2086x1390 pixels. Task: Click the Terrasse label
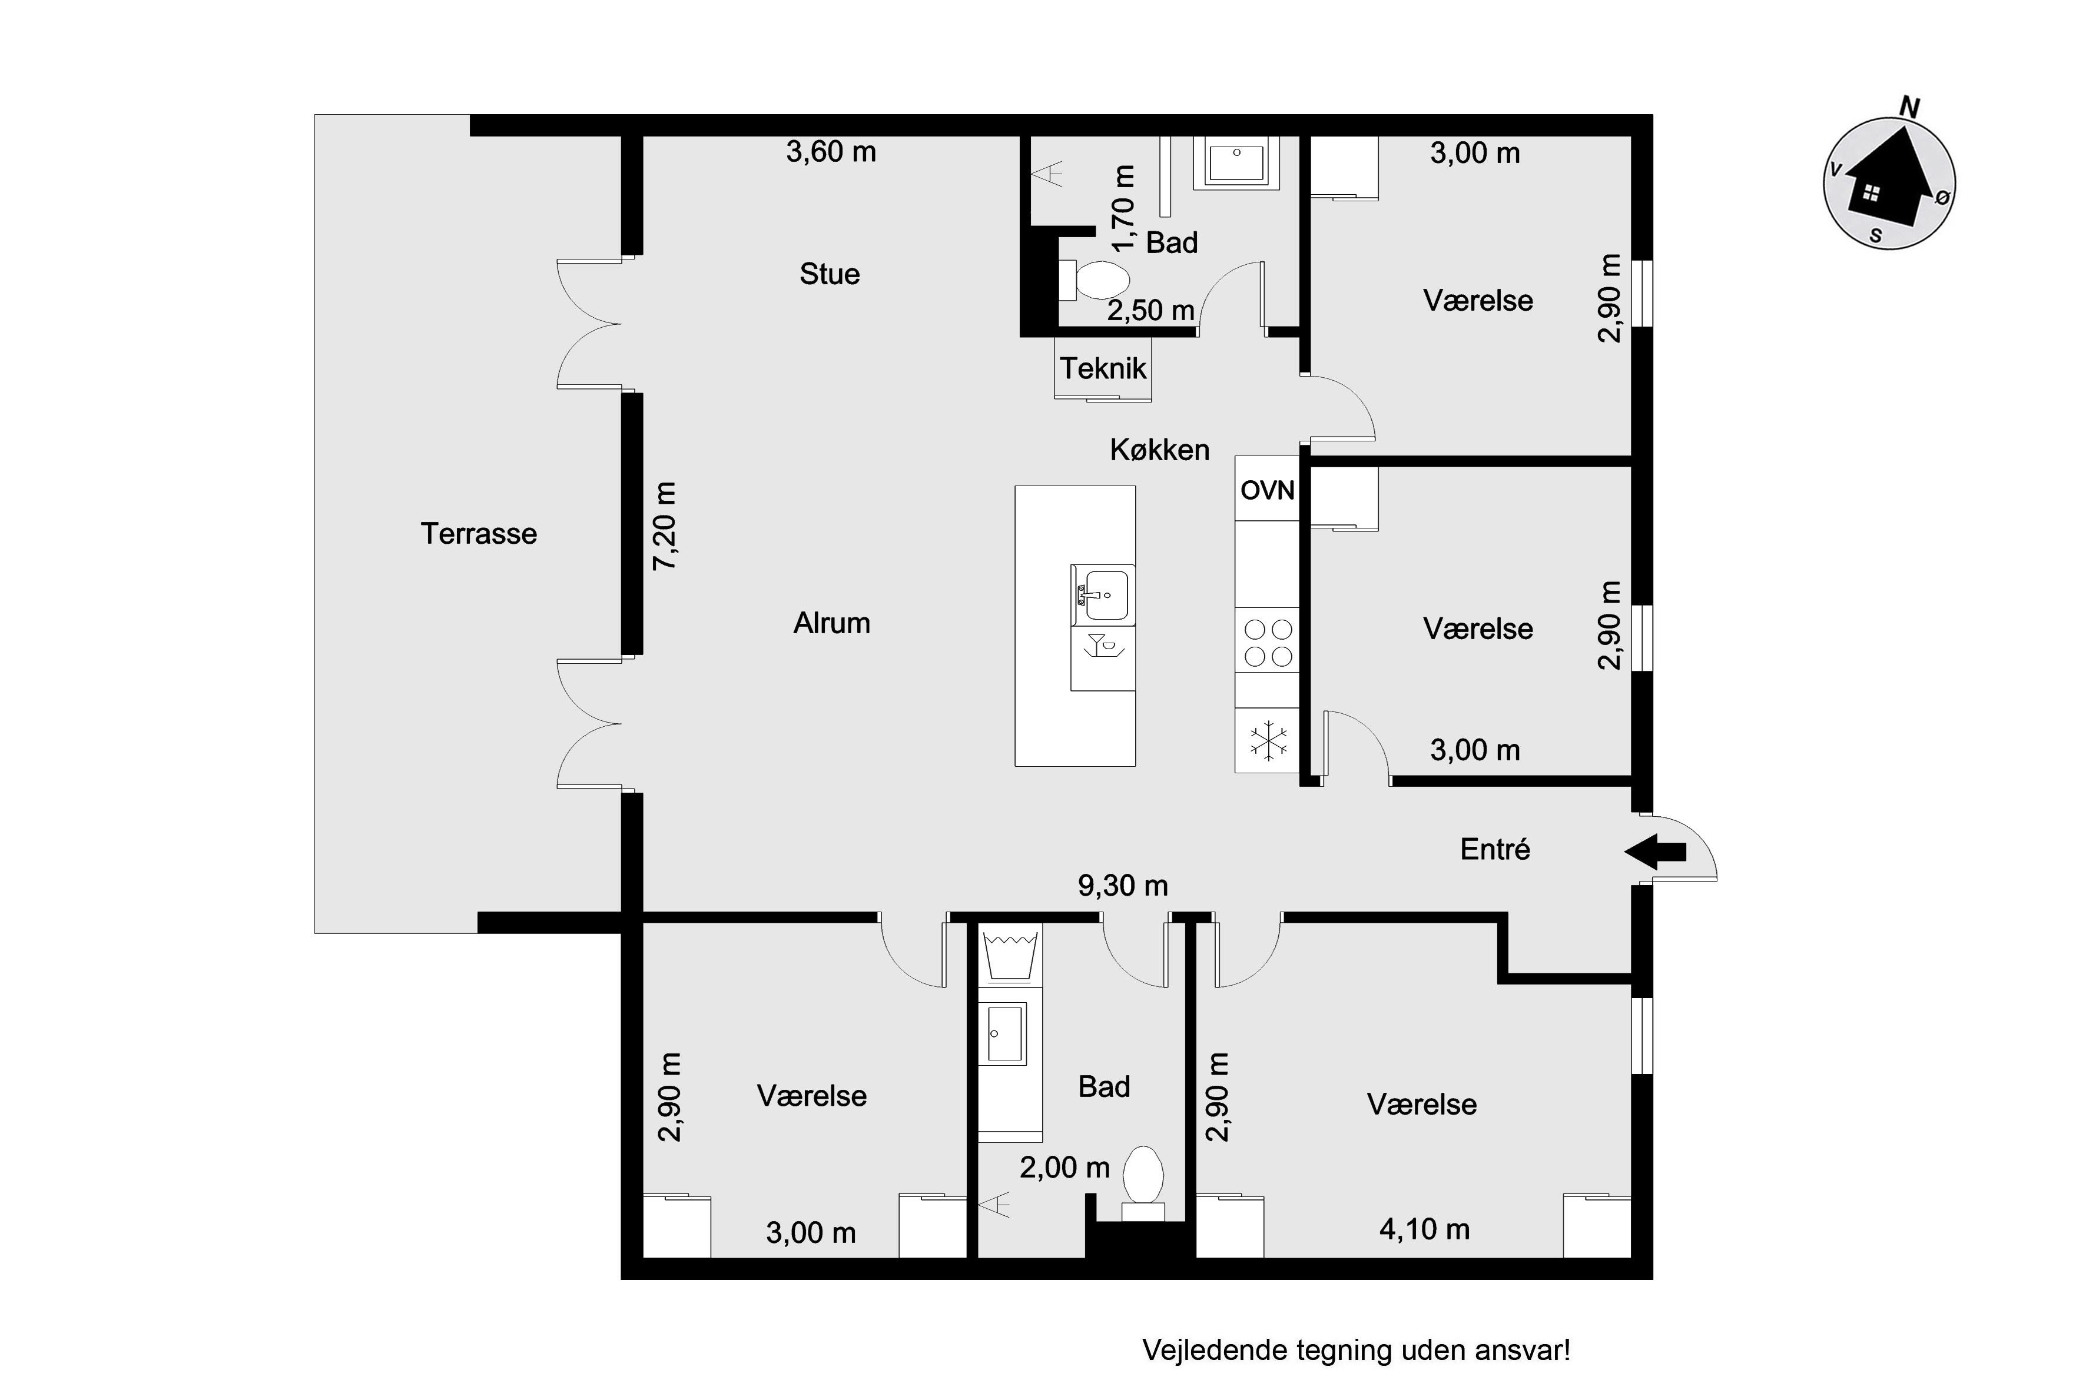tap(479, 534)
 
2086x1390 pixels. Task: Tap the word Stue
tap(829, 274)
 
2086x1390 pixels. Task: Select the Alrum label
tap(831, 623)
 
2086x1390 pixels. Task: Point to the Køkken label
tap(1159, 450)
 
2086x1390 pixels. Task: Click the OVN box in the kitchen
tap(1268, 490)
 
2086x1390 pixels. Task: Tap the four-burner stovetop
tap(1268, 643)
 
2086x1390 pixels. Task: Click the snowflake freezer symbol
tap(1268, 740)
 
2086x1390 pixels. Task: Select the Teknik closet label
tap(1103, 368)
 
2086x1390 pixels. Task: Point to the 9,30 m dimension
tap(1123, 886)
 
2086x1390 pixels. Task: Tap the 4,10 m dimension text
tap(1424, 1229)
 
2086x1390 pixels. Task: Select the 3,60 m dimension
tap(831, 152)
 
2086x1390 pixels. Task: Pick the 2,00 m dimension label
tap(1064, 1168)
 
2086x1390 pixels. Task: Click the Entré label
tap(1495, 849)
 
